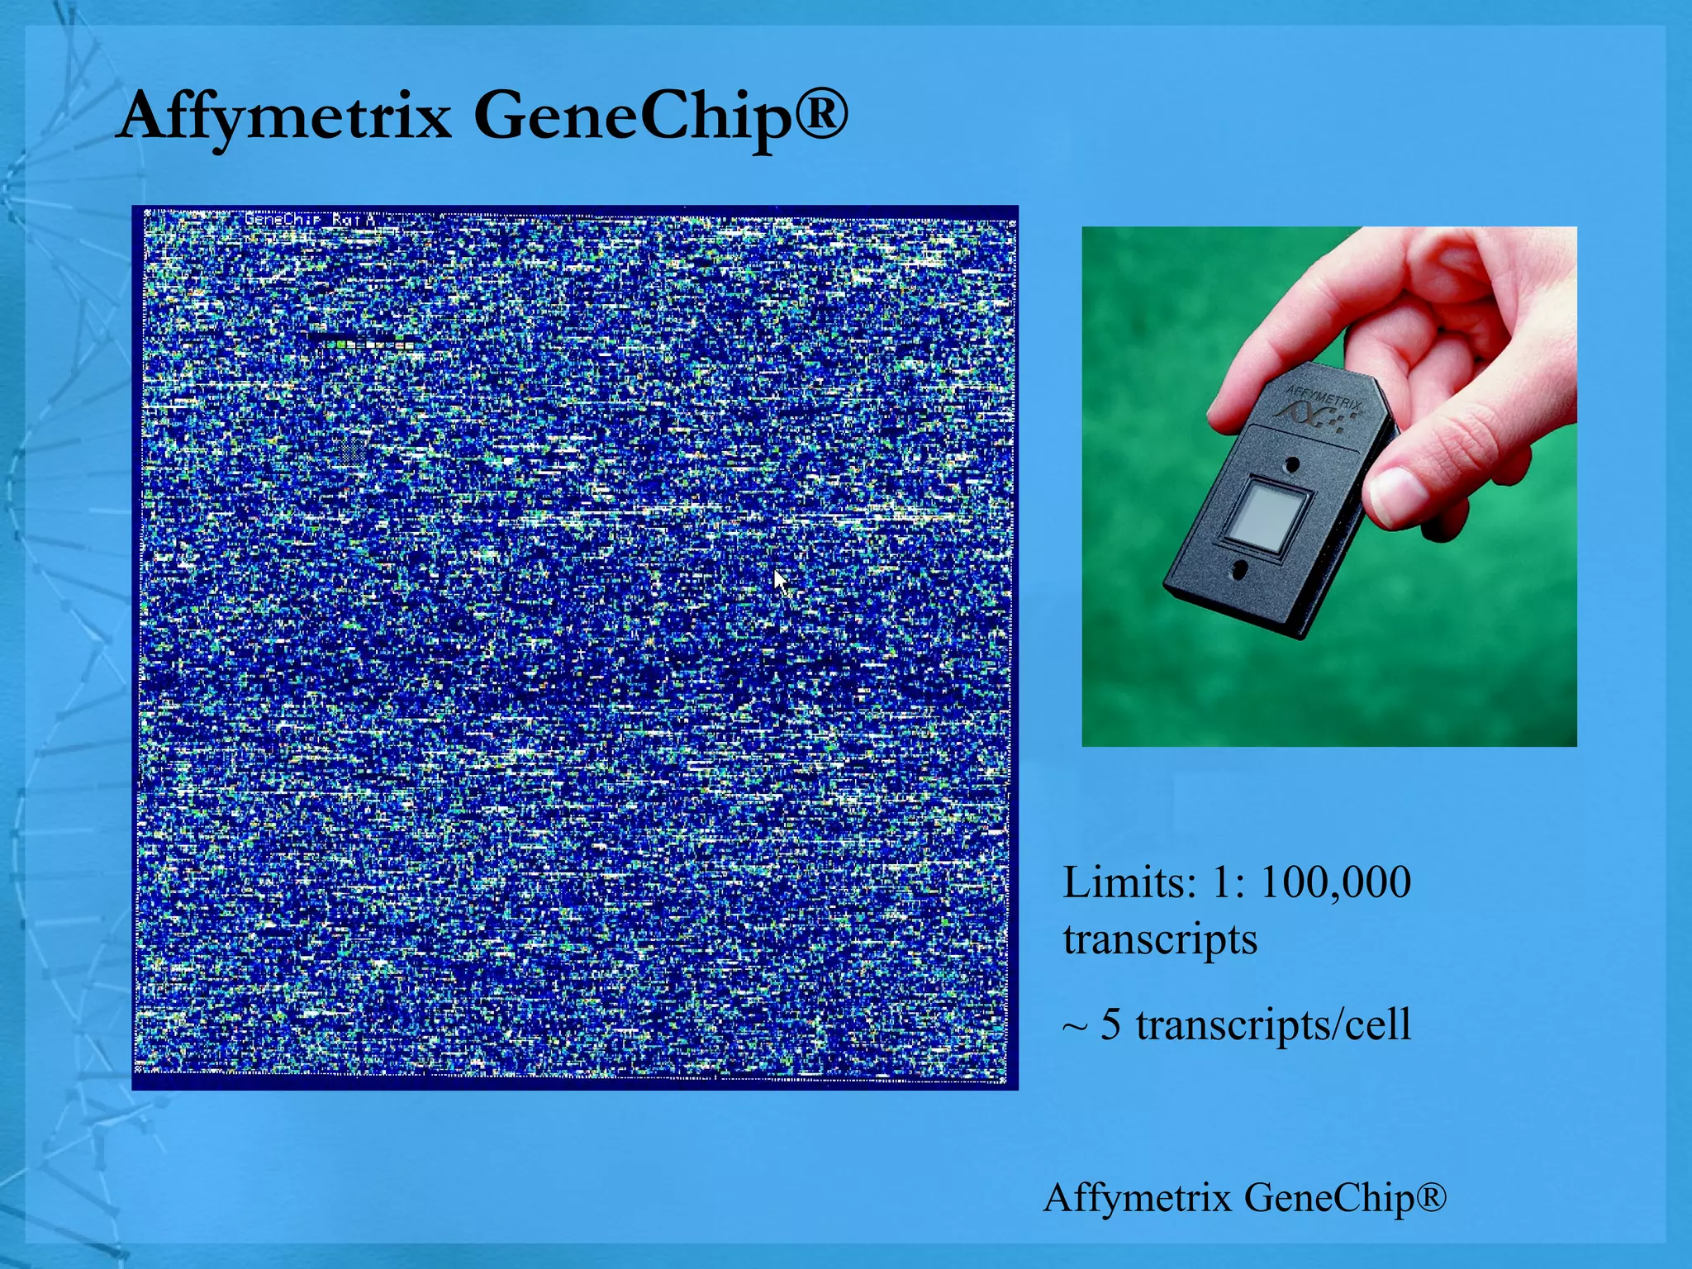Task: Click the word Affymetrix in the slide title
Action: [x=285, y=116]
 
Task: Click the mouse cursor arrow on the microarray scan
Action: [x=780, y=582]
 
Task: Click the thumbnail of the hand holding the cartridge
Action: [x=1328, y=486]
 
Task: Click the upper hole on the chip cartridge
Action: [x=1294, y=465]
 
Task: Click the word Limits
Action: [x=1129, y=882]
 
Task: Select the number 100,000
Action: [x=1335, y=882]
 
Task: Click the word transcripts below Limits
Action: [x=1160, y=939]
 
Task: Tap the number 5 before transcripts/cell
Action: [x=1111, y=1024]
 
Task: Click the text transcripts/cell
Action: [x=1273, y=1025]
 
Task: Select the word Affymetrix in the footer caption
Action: [x=1137, y=1197]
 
